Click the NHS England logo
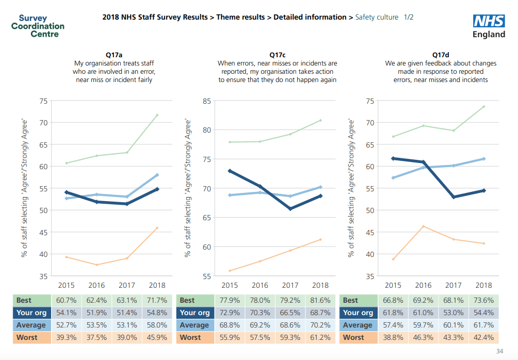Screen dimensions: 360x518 (489, 26)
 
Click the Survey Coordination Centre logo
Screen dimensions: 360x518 (38, 26)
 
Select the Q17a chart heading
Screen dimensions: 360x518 (114, 55)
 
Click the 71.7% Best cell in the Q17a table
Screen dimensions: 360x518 (157, 300)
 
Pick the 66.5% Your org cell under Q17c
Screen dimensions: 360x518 (290, 313)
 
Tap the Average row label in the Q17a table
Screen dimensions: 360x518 (31, 325)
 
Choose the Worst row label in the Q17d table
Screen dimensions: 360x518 (353, 337)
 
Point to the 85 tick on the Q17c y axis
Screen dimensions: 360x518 (205, 101)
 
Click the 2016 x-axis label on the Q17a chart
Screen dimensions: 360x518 (96, 285)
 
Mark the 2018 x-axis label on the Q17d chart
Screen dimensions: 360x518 (483, 285)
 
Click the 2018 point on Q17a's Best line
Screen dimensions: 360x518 (157, 115)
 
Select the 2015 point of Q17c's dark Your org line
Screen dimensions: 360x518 (230, 171)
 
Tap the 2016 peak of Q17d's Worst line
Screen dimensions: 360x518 (423, 226)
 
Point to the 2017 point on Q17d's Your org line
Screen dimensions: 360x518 (454, 197)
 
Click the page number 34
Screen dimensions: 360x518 (499, 351)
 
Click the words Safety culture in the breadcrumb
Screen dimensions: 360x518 (377, 17)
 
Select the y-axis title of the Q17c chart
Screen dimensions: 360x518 (188, 188)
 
